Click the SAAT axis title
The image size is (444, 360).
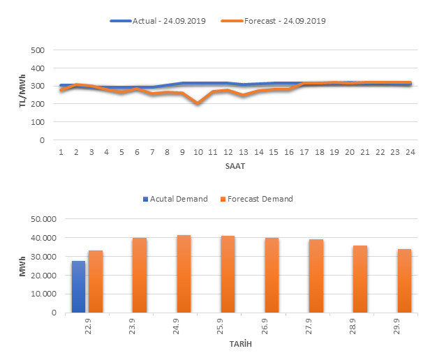pos(235,167)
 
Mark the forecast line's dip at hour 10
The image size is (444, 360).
pos(198,103)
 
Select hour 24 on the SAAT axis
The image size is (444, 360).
pos(410,152)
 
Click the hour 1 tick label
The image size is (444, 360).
pos(61,152)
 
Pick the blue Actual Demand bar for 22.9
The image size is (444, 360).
pos(78,287)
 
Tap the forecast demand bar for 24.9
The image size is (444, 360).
pos(184,274)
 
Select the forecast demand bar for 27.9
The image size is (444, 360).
pos(316,276)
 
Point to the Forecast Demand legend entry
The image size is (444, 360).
pos(258,199)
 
